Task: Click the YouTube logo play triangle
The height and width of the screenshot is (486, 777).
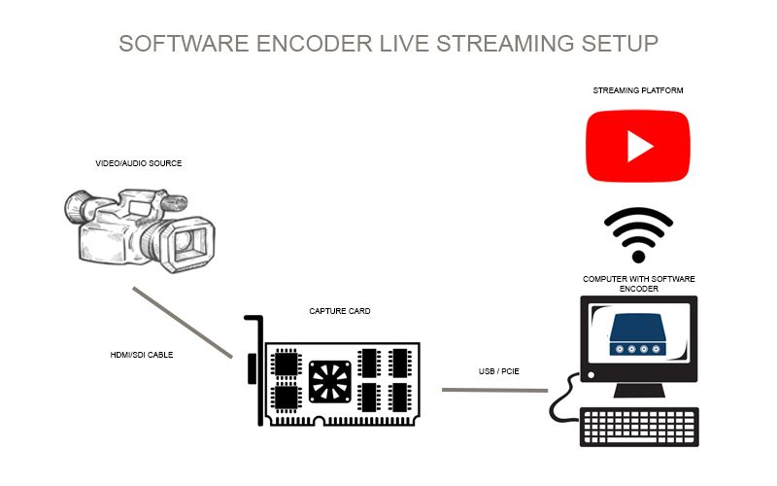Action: click(638, 146)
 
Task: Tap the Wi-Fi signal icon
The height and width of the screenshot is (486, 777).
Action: click(638, 234)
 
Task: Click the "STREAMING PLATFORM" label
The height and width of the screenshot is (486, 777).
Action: click(638, 90)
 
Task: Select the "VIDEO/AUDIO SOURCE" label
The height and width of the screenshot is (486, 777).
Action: click(138, 163)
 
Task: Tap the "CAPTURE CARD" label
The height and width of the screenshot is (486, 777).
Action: click(340, 311)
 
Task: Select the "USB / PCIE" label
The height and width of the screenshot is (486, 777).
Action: click(490, 369)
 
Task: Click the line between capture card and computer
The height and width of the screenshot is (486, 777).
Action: click(494, 390)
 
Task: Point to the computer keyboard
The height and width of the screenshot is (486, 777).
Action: click(639, 427)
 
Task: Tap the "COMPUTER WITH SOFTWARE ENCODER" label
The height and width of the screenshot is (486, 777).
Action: click(638, 283)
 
